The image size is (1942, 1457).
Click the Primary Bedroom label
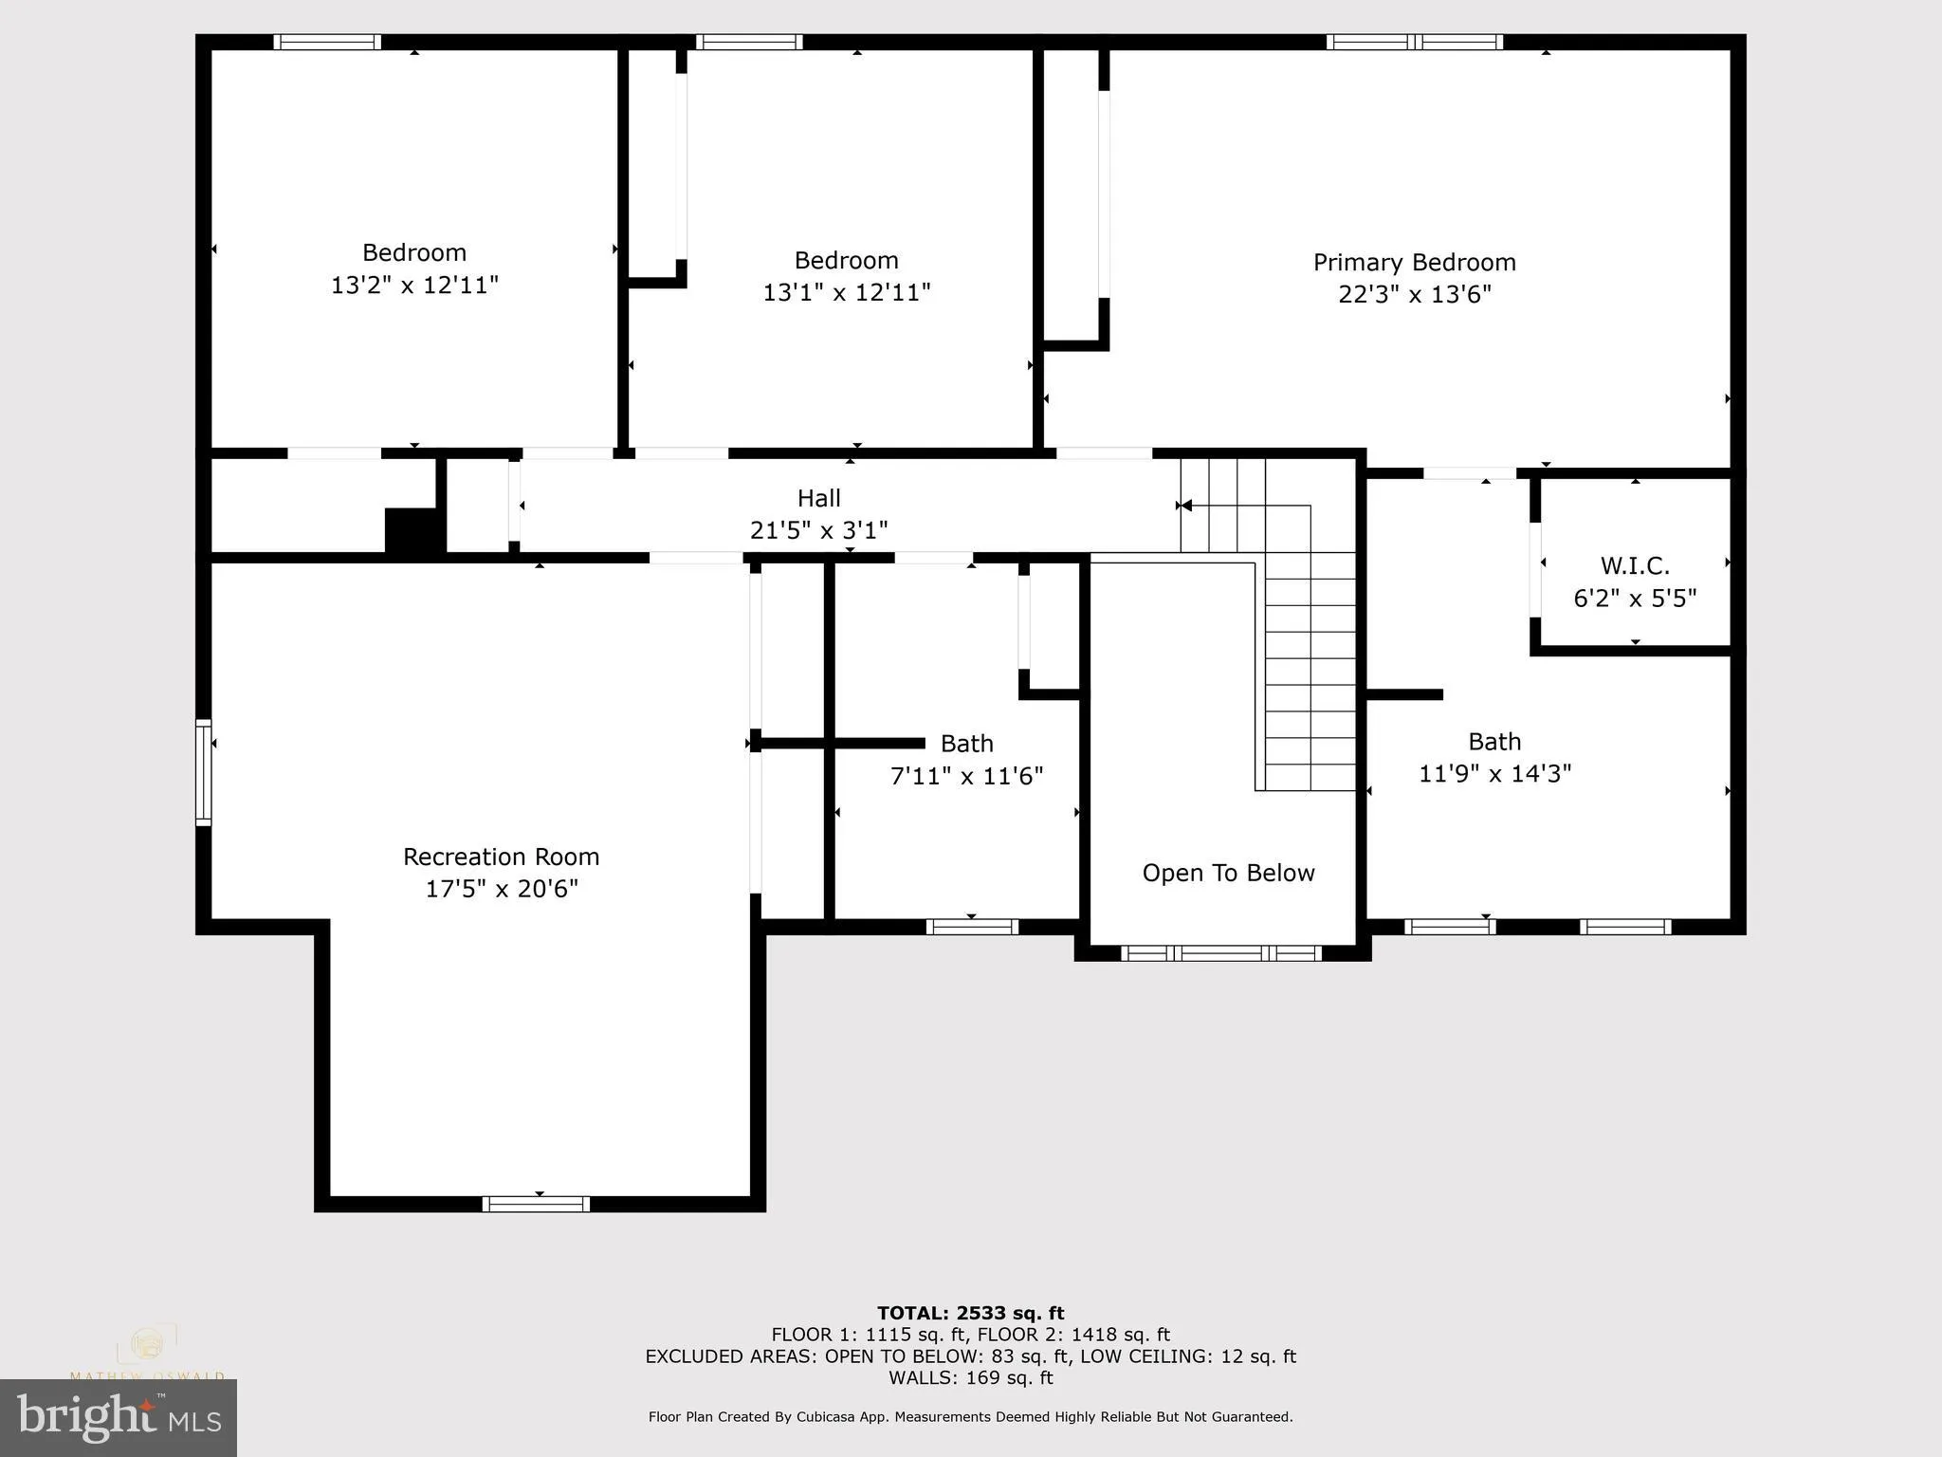[1414, 262]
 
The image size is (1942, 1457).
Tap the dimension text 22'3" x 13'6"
[1414, 294]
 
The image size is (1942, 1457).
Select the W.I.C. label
[1635, 566]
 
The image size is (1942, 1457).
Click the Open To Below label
[1228, 873]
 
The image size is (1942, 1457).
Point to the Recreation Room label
[501, 857]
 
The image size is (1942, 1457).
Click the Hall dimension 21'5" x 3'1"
[818, 530]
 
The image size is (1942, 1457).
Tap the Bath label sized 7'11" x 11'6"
[966, 743]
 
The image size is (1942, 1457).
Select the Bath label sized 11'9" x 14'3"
[1494, 741]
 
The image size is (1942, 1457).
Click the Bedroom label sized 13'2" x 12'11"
[414, 252]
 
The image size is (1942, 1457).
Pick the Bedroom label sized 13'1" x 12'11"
[846, 260]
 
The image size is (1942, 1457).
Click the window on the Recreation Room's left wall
[203, 772]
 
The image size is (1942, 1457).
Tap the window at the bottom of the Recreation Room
[536, 1204]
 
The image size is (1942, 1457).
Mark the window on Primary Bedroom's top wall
[1414, 42]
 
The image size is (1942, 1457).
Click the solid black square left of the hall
[413, 530]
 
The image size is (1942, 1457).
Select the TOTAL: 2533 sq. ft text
[970, 1313]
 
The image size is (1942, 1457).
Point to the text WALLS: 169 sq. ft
[970, 1377]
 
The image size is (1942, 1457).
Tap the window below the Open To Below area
[1220, 953]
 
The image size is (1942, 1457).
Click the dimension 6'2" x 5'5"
[1635, 599]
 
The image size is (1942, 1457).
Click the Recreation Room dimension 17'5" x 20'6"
[501, 889]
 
